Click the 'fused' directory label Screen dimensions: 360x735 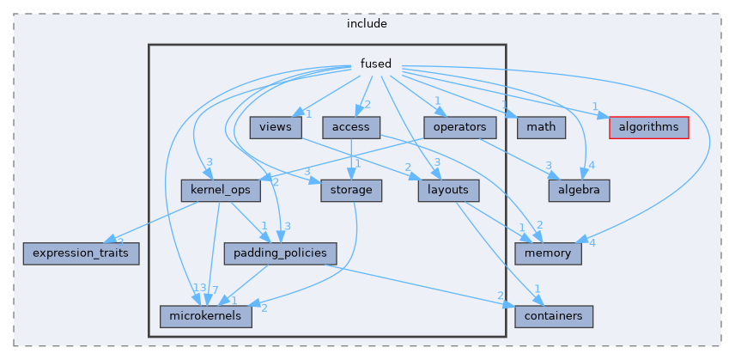pos(375,64)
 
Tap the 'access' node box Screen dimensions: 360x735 pos(351,127)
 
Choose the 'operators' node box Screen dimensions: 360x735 pos(460,127)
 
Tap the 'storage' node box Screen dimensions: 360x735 pos(350,190)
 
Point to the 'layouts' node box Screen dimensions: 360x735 pos(447,190)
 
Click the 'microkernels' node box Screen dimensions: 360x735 pos(205,315)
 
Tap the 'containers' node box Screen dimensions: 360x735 pos(554,315)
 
